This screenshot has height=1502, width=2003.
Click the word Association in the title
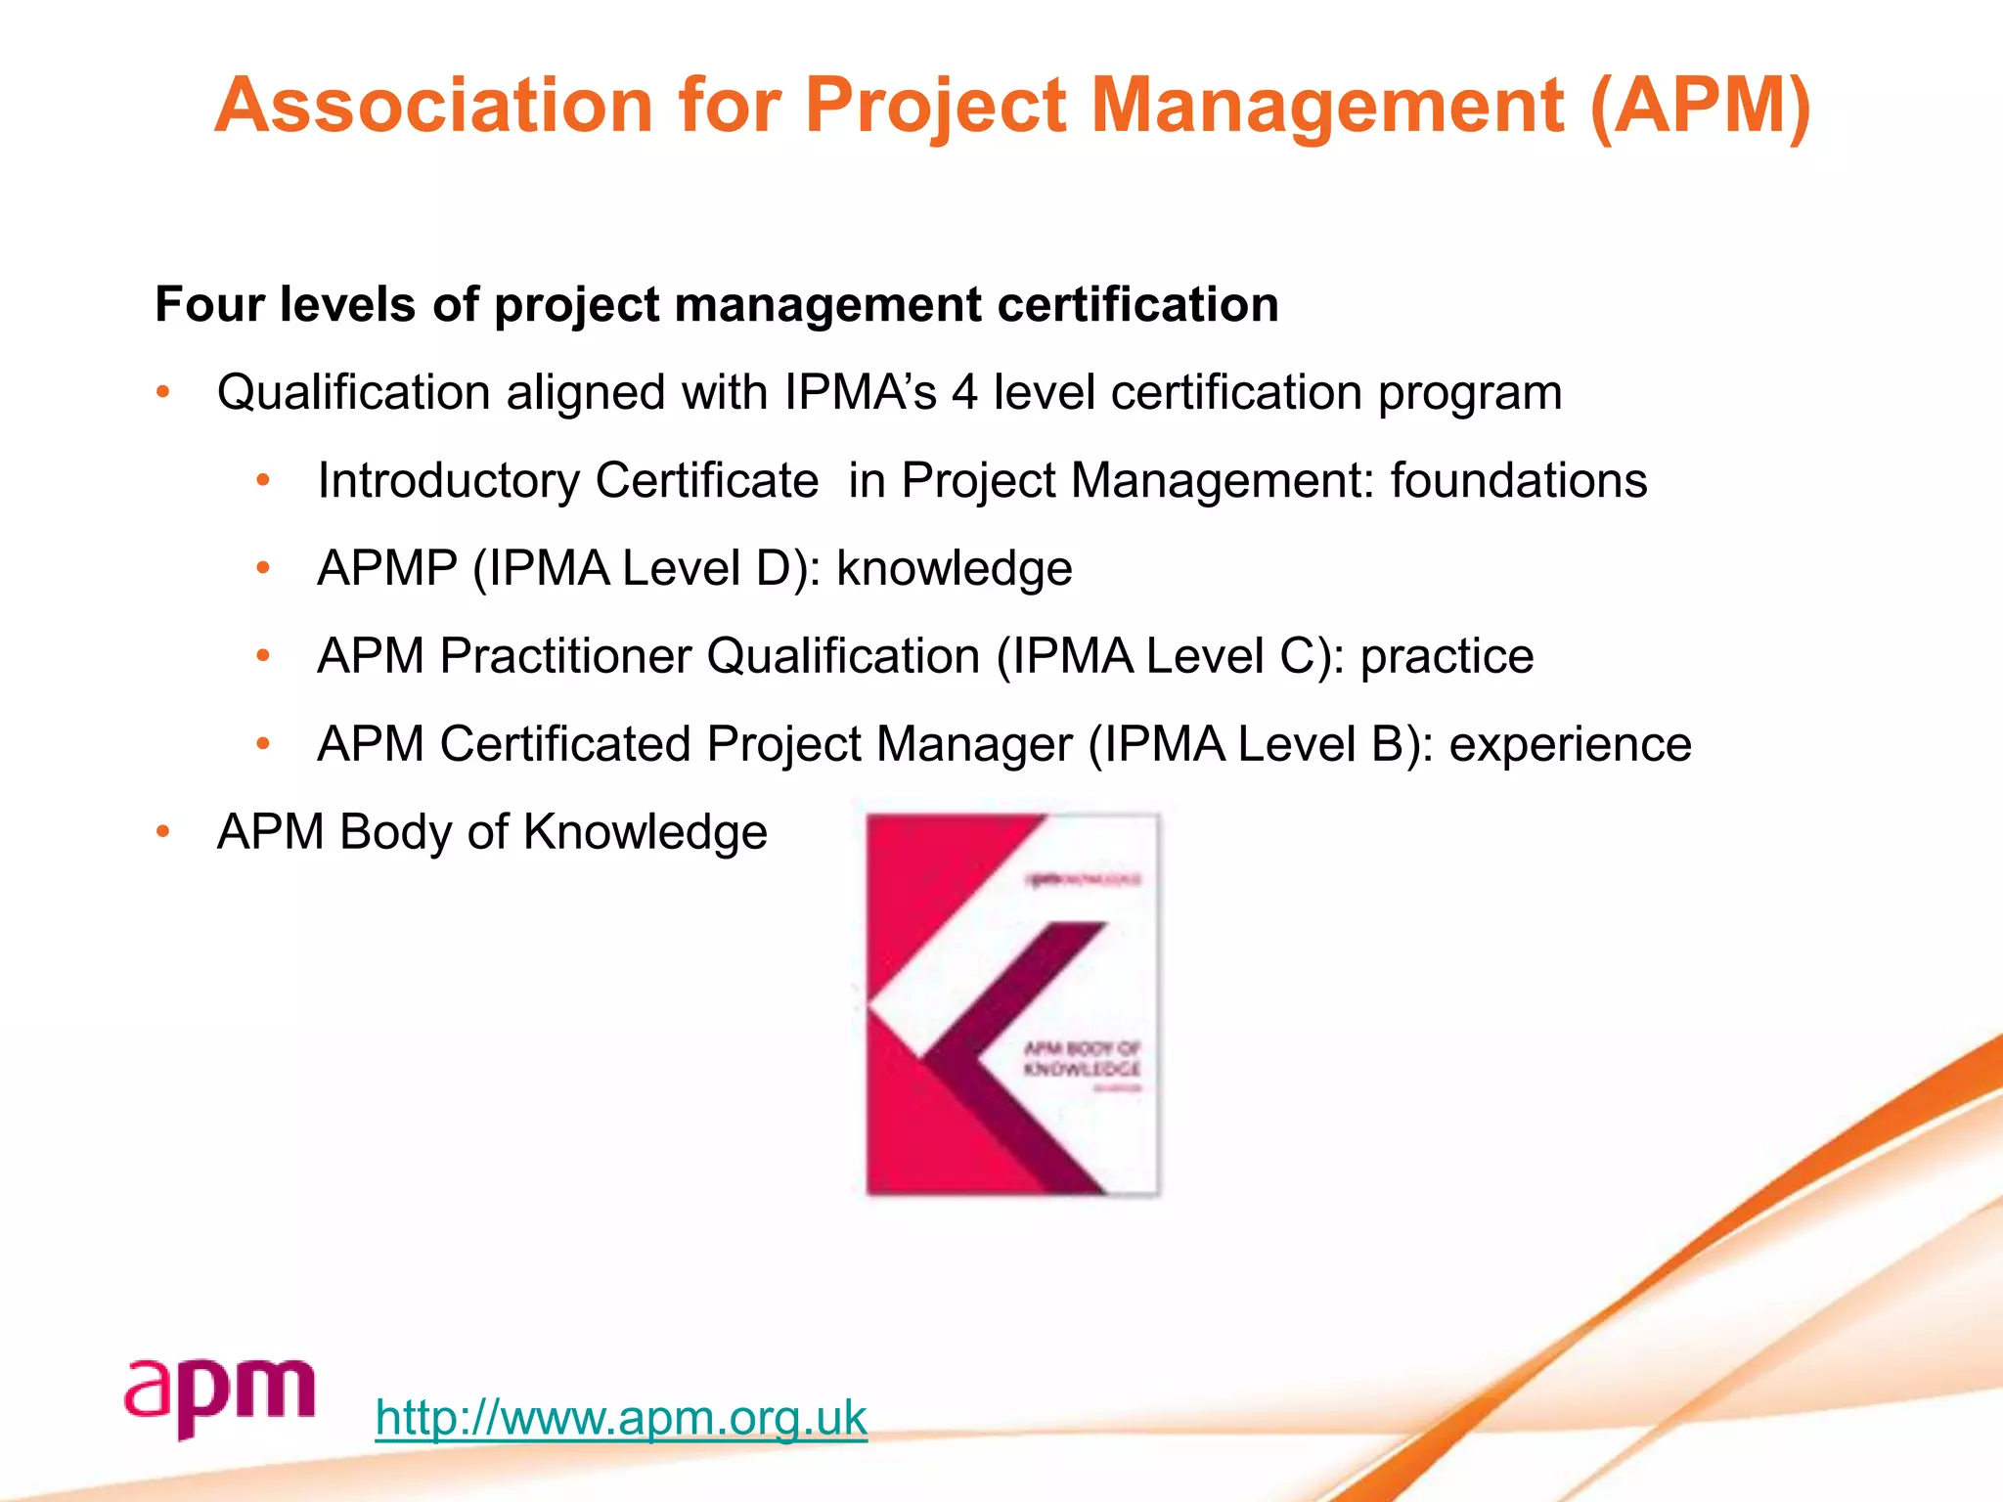433,106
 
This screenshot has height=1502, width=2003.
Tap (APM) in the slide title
1701,106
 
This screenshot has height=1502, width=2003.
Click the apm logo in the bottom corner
220,1397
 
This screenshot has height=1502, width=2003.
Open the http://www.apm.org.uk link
621,1417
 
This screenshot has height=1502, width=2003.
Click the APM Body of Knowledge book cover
1013,1004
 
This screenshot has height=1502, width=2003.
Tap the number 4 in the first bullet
964,393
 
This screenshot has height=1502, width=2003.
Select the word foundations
1519,481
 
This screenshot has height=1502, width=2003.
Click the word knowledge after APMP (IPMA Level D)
955,568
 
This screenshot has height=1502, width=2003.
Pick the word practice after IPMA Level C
1447,656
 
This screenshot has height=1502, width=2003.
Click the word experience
1570,744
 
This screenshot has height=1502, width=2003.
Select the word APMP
387,568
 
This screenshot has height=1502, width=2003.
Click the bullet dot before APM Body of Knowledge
163,832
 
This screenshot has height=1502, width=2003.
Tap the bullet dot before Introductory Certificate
262,481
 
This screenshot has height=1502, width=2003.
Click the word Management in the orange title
1327,106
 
